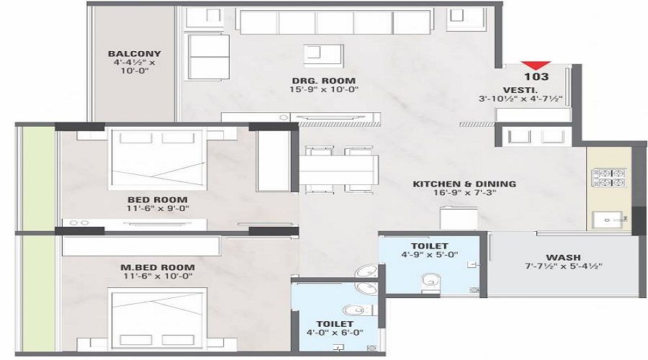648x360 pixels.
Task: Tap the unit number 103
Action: coord(537,76)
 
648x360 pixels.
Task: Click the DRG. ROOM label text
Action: coord(322,79)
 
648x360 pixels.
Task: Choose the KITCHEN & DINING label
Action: coord(464,184)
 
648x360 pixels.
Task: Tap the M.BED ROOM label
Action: coord(148,268)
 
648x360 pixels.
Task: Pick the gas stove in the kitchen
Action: coord(608,178)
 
